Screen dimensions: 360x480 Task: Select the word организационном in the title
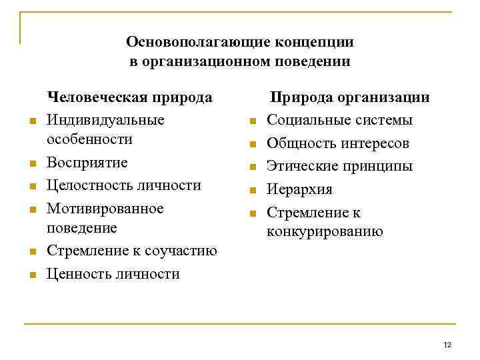coord(208,62)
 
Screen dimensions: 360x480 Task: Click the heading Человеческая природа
coord(131,97)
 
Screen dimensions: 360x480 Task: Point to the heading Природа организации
coord(349,97)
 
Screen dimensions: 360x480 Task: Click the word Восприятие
coord(87,163)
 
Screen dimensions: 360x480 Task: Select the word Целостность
coord(89,185)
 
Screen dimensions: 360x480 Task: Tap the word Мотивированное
coord(105,209)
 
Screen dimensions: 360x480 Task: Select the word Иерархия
coord(299,189)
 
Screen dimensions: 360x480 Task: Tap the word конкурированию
coord(325,231)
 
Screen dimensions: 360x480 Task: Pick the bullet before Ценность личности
coord(32,275)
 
